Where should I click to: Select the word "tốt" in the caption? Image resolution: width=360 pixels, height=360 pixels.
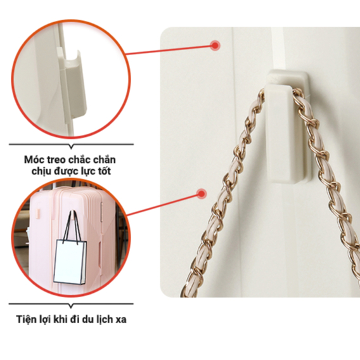click(x=105, y=171)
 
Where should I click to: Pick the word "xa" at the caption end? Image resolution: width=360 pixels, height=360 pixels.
click(x=121, y=320)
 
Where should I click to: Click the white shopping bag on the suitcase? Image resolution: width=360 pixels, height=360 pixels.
click(x=70, y=262)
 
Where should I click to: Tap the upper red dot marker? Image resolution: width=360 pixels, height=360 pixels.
click(x=215, y=46)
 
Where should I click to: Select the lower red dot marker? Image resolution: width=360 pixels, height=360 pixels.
click(x=202, y=194)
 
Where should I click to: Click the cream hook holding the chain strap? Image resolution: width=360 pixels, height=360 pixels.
click(x=286, y=127)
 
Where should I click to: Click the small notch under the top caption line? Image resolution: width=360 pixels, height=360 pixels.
click(x=72, y=146)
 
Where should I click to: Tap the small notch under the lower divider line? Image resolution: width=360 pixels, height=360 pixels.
click(x=71, y=306)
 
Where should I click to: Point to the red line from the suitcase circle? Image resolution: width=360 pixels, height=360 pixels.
click(x=164, y=205)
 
